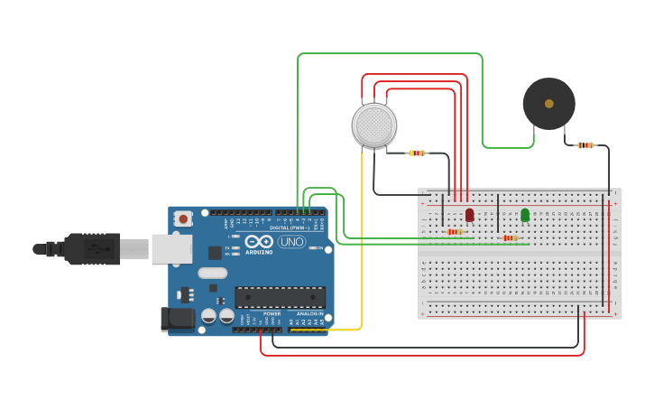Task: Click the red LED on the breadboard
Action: coord(470,215)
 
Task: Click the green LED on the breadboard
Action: coord(525,215)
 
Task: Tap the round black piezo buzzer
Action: coord(548,104)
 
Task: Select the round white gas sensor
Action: coord(373,125)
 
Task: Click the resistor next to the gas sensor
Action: coord(416,153)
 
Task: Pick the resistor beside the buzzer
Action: coord(585,144)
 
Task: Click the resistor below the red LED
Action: coord(456,232)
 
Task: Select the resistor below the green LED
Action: coord(511,238)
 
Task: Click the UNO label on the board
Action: coord(291,242)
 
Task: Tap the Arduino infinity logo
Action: coord(258,242)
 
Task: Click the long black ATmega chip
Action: coord(280,297)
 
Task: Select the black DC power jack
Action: coord(177,318)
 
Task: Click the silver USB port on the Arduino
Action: coord(171,248)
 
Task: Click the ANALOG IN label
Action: coord(306,313)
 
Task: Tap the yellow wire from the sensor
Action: coord(363,244)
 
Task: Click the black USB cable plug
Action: coord(90,248)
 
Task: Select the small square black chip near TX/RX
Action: coord(215,254)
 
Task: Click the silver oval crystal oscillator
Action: coord(212,274)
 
